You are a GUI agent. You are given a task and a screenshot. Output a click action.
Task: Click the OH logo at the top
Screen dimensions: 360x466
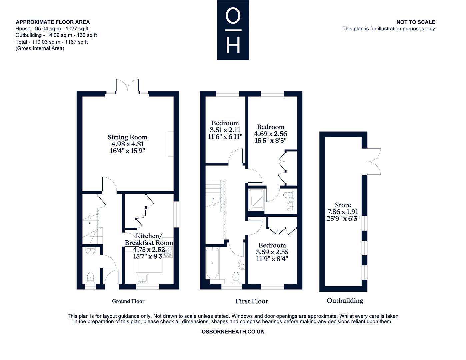tap(233, 30)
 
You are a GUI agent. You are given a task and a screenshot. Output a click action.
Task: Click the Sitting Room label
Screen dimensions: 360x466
tap(127, 137)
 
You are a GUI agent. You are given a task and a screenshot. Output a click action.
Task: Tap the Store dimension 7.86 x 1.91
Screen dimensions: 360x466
tap(343, 212)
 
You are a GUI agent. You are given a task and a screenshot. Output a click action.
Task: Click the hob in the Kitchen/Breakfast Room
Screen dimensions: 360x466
tap(169, 252)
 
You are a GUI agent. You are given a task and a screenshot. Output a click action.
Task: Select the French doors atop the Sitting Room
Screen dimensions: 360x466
tap(127, 85)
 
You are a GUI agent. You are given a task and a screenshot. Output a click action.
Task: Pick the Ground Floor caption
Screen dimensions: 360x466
tap(128, 301)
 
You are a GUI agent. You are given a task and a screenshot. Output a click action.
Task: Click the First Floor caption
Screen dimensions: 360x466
tap(252, 301)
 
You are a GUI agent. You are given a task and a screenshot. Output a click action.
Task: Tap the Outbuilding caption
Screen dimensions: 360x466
tap(345, 301)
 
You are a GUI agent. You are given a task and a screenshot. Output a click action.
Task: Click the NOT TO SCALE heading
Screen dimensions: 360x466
tap(415, 22)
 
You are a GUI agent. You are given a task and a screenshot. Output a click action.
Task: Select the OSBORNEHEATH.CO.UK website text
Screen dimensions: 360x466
tap(233, 332)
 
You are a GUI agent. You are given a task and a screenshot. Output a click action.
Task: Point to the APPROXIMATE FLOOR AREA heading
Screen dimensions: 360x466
tap(53, 22)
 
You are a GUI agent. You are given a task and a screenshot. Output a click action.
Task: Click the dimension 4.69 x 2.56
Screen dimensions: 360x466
tap(270, 134)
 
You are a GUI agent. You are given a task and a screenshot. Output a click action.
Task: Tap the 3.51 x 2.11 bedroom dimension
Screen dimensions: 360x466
tap(225, 130)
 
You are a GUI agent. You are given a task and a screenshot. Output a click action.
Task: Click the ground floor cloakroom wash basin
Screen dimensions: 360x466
tap(90, 251)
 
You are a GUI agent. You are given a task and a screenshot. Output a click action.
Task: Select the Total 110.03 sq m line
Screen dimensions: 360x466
tap(52, 42)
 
